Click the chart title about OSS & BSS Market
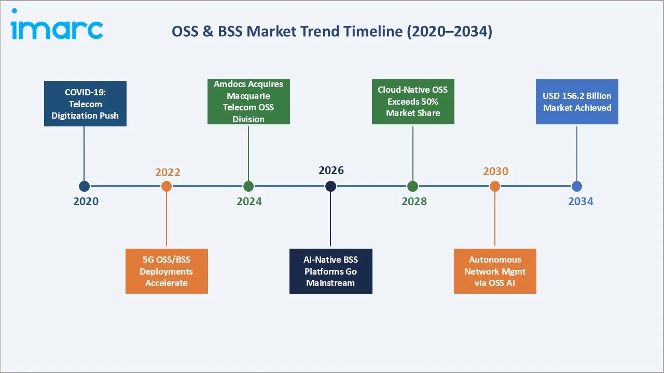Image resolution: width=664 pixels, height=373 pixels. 332,32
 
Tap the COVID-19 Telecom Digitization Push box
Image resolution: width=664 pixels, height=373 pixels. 85,104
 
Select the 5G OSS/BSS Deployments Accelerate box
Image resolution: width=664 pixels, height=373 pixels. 167,271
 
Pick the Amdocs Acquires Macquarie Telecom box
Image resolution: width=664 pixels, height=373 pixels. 248,102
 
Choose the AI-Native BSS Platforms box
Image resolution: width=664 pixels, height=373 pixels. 330,271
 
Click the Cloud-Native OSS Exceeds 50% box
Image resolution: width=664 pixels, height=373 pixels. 413,102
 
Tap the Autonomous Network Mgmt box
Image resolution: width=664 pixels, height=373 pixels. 495,271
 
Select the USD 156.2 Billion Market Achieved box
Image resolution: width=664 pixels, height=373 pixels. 577,102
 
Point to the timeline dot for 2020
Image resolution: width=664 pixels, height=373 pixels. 84,186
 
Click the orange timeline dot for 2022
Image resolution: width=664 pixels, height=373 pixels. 167,186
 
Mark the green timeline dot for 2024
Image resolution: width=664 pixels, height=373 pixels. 248,186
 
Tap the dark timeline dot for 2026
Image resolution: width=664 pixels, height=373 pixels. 330,186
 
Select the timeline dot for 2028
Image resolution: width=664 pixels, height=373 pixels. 413,186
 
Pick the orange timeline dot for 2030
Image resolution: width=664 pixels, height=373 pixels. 495,186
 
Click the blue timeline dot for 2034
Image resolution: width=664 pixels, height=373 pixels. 577,186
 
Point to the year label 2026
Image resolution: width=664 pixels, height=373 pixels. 331,170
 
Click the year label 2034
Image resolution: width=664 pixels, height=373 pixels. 580,202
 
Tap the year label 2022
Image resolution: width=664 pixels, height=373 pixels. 168,172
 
